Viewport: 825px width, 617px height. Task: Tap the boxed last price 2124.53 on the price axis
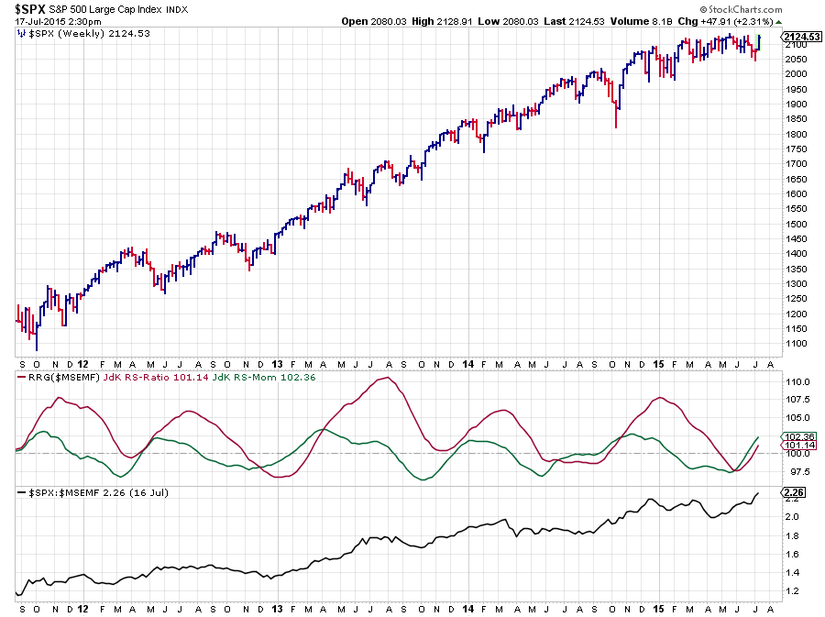(x=802, y=37)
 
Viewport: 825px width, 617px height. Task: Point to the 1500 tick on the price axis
(x=794, y=224)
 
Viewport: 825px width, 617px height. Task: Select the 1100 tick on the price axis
(x=794, y=344)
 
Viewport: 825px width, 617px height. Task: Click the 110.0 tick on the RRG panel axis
(x=795, y=381)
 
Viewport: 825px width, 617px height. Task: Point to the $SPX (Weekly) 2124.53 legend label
(x=86, y=33)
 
